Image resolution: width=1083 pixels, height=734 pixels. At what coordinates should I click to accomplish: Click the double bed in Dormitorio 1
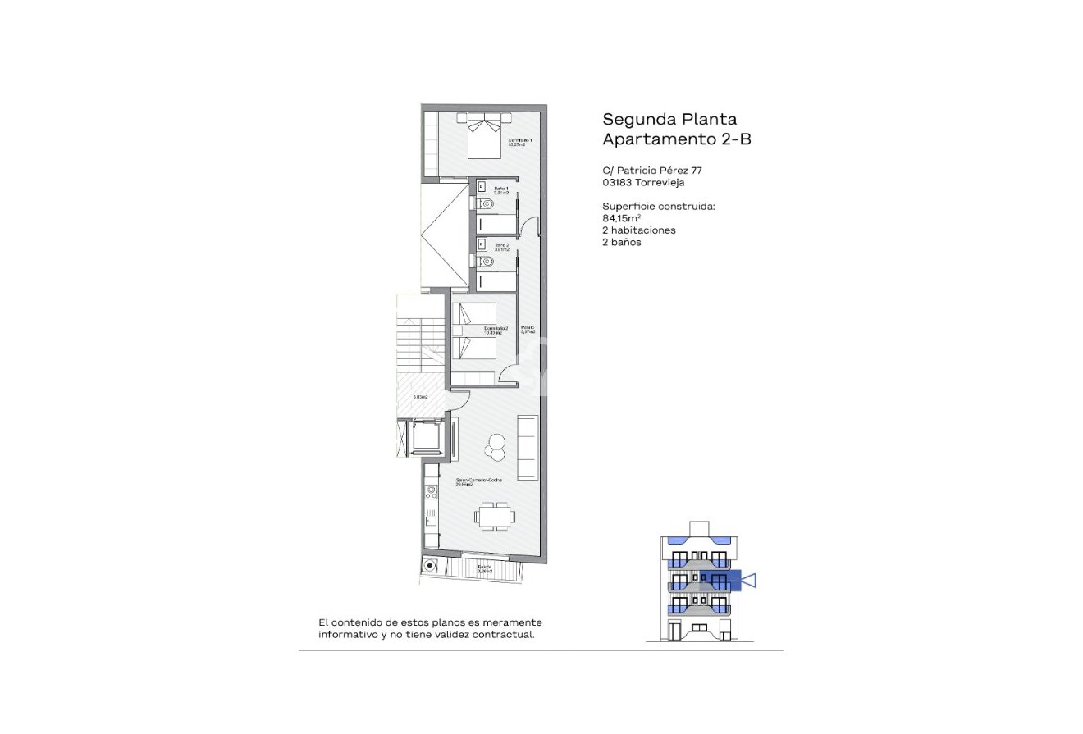coord(484,135)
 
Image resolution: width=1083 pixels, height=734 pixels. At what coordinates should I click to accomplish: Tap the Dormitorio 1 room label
coord(520,143)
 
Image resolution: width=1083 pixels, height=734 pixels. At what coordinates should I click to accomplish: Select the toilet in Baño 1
coord(485,203)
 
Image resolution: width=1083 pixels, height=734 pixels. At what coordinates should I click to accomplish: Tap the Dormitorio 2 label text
coord(496,331)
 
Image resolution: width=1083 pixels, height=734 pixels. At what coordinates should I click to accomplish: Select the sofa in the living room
coord(527,449)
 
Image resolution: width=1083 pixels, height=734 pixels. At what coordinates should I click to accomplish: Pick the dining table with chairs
coord(495,517)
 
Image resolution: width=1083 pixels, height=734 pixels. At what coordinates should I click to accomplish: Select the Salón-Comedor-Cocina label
coord(479,481)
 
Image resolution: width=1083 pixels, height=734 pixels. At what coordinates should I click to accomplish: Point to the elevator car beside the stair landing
coord(426,440)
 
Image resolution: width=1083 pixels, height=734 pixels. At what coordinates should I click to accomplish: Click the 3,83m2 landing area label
coord(420,397)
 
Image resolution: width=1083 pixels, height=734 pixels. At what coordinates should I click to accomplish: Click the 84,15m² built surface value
coord(621,218)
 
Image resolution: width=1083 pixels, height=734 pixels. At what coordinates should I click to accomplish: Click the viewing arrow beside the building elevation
coord(747,581)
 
